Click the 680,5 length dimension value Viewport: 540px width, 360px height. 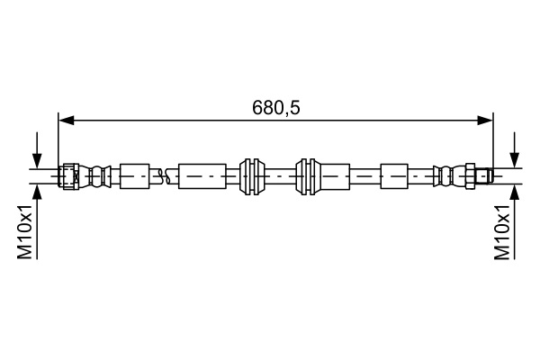275,107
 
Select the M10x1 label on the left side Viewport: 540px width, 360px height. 26,231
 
